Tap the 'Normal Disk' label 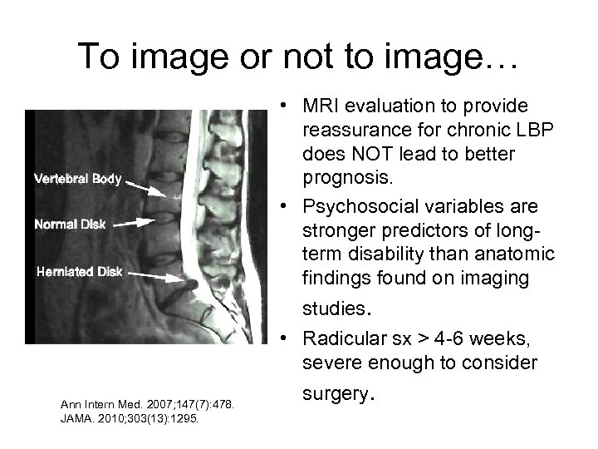(69, 223)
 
